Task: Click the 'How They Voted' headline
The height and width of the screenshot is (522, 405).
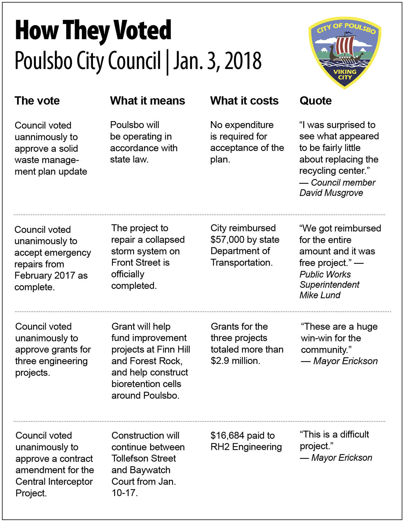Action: click(93, 31)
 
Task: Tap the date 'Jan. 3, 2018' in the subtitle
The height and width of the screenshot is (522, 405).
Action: click(218, 61)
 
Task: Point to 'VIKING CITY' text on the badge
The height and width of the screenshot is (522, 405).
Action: click(345, 74)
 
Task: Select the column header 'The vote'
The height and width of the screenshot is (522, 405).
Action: click(37, 101)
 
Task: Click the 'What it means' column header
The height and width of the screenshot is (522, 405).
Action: click(147, 101)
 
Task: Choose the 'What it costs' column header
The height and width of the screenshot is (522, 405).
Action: click(244, 101)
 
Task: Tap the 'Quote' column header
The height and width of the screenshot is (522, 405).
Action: click(315, 101)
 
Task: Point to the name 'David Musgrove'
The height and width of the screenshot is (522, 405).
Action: click(331, 193)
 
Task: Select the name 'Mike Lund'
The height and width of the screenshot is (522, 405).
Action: click(320, 295)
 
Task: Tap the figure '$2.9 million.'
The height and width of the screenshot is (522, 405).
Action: click(235, 361)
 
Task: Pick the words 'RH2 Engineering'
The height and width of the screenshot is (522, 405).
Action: click(246, 447)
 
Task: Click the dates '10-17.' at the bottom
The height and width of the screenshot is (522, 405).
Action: click(125, 493)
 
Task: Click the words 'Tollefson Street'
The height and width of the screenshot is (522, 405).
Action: click(143, 458)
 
